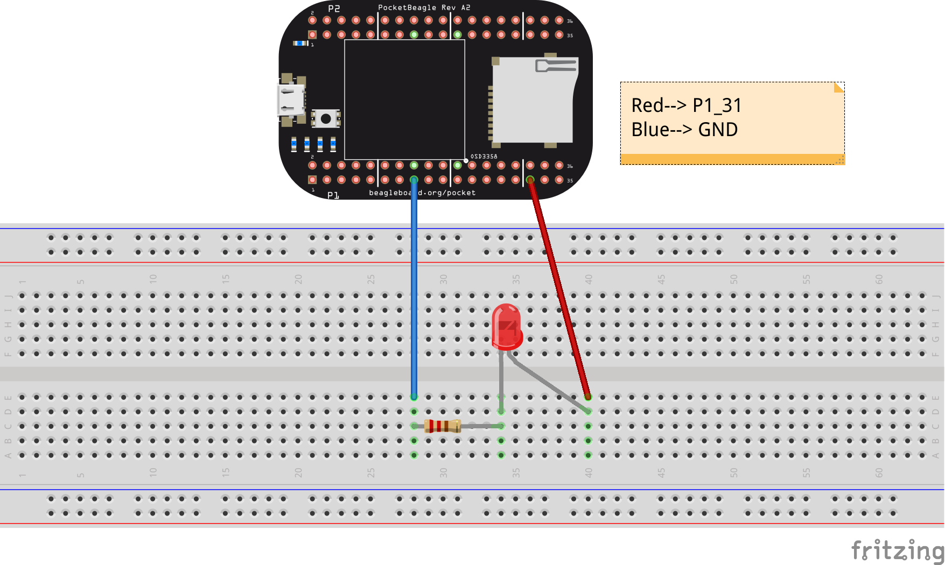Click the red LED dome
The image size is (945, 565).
506,325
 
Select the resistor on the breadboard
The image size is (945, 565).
443,426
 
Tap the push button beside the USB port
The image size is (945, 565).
326,118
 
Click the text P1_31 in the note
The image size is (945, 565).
717,105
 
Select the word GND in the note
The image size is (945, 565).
718,130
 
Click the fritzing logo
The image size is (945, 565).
897,550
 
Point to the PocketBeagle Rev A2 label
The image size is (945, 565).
424,8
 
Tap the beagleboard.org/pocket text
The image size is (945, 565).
422,193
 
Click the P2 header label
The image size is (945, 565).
334,9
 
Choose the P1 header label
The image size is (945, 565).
333,195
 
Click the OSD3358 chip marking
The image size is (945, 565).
484,157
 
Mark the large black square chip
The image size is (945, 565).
404,100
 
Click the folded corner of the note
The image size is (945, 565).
838,87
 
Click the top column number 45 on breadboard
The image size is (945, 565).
661,279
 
